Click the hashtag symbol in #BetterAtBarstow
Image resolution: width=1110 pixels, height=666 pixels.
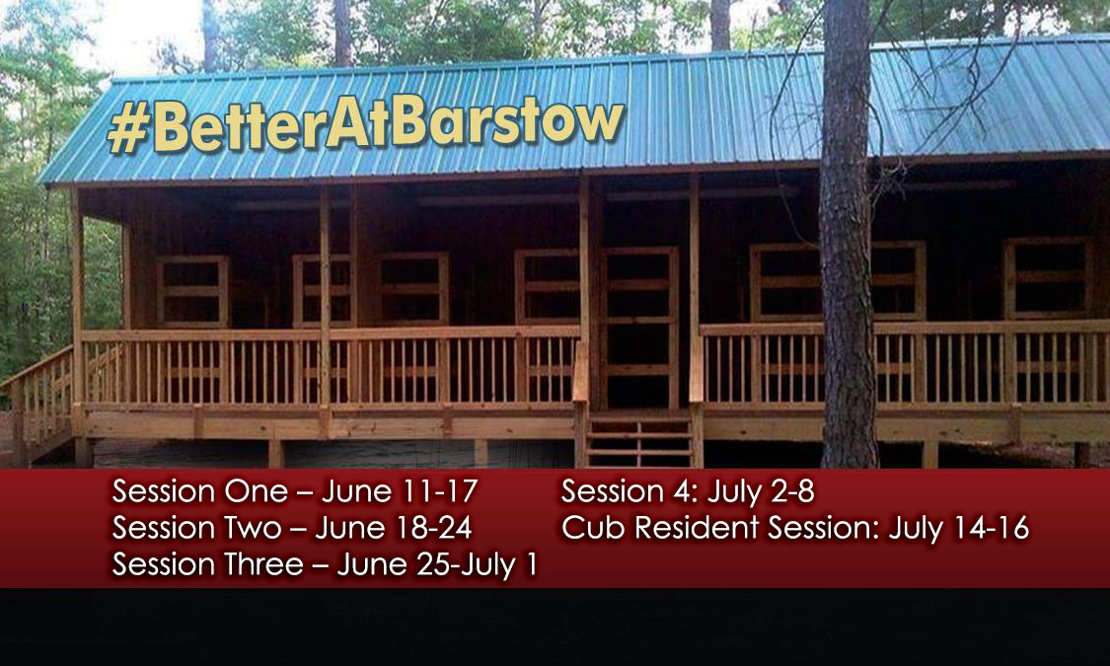(127, 131)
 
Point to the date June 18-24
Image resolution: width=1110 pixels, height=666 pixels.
(393, 528)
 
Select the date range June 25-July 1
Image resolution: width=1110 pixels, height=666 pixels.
(437, 565)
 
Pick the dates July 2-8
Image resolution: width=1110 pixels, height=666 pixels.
(760, 490)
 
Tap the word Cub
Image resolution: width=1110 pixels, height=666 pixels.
(593, 528)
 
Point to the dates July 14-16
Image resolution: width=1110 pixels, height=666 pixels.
(958, 528)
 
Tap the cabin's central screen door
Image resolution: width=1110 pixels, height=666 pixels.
(639, 326)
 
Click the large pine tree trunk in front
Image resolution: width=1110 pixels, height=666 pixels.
(847, 296)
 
